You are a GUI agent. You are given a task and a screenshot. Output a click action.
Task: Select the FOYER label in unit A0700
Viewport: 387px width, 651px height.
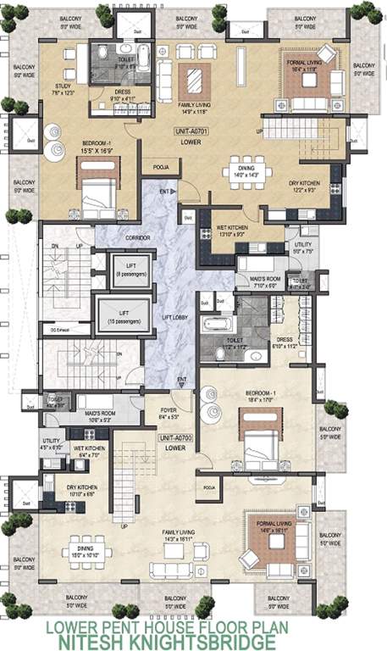coord(169,415)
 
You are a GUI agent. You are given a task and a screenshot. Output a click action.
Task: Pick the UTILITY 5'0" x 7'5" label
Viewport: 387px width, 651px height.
coord(302,248)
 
